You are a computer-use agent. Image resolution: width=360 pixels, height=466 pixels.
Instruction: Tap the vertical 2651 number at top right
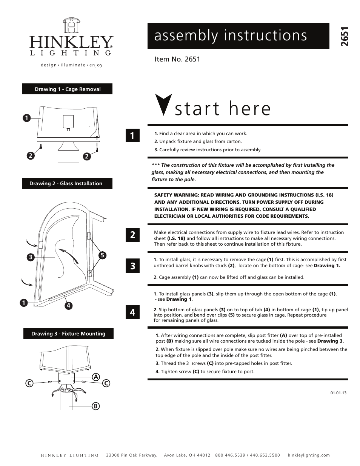[x=344, y=37]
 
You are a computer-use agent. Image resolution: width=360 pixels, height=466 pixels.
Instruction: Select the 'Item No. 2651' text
[x=177, y=59]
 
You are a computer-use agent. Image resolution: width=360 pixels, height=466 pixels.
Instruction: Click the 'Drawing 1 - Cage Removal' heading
[x=68, y=89]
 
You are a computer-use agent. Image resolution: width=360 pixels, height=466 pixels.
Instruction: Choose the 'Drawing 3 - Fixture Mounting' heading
[x=68, y=334]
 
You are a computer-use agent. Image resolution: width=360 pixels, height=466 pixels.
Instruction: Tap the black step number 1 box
[x=132, y=135]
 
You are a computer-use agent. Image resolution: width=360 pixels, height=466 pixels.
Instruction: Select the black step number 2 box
[x=132, y=235]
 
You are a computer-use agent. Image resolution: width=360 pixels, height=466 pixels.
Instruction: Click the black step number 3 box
[x=132, y=266]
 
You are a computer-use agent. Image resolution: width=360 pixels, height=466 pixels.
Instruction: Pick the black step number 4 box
[x=132, y=312]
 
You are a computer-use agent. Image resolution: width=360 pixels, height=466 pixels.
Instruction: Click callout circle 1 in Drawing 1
[x=26, y=118]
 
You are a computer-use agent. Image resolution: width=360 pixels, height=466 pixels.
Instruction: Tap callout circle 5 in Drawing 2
[x=102, y=255]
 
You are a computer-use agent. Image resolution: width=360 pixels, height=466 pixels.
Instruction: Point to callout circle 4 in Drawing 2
[x=68, y=306]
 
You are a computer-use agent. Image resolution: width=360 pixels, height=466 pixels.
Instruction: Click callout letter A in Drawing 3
[x=96, y=377]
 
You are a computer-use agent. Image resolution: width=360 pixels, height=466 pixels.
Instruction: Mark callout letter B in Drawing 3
[x=96, y=406]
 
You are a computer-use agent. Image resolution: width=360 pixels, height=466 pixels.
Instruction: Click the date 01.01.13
[x=338, y=393]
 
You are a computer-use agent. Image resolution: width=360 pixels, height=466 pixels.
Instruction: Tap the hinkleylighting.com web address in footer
[x=309, y=455]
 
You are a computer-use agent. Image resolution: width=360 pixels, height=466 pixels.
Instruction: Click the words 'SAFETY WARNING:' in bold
[x=176, y=195]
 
